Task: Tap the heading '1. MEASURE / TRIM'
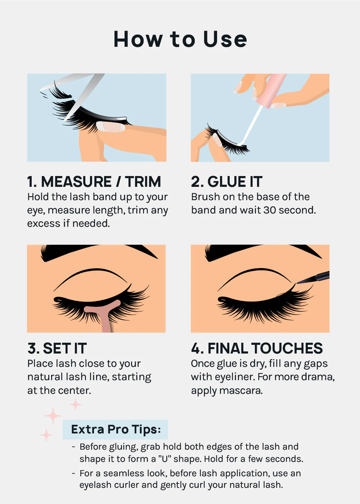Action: [94, 182]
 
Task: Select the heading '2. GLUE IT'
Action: [227, 182]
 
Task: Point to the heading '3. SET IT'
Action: [57, 348]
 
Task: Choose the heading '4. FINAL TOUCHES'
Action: [257, 348]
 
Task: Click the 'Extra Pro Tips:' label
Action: [116, 429]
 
